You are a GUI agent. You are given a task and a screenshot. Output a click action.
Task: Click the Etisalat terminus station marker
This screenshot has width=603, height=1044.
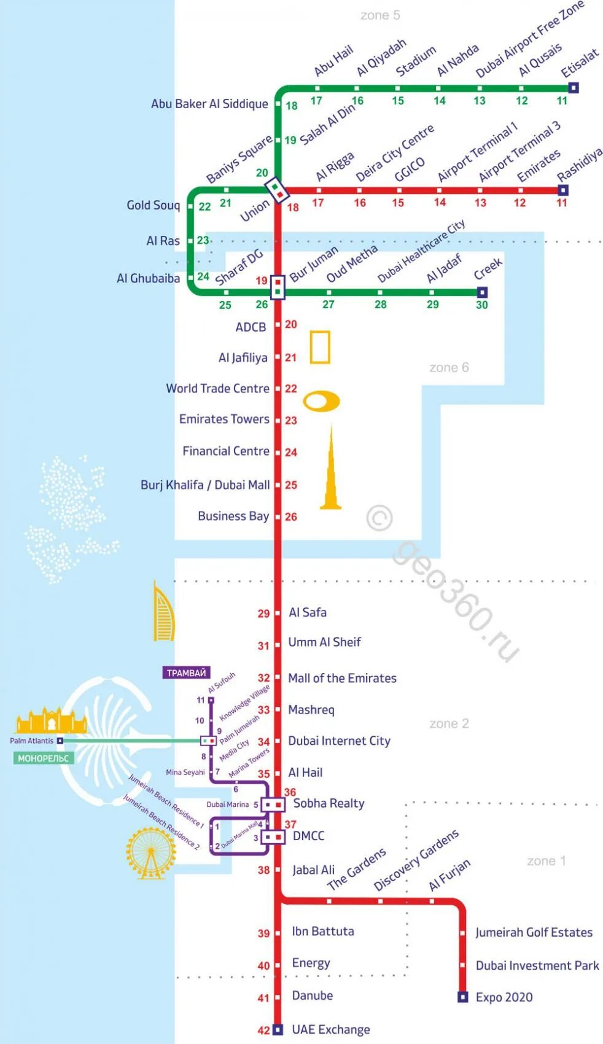click(x=574, y=88)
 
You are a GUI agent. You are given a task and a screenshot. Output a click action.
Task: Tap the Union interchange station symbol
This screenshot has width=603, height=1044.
click(x=277, y=190)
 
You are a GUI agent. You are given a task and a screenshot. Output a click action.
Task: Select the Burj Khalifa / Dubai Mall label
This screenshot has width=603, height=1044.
click(x=205, y=485)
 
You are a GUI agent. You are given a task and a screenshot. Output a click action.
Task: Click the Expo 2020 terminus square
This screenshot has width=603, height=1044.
click(x=463, y=997)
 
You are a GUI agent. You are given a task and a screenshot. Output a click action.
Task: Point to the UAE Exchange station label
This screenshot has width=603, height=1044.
click(x=331, y=1029)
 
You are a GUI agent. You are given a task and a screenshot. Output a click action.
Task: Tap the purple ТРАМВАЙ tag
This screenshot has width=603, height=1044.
click(x=186, y=673)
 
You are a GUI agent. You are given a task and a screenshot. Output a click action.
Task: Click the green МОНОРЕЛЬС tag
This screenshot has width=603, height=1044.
click(x=43, y=758)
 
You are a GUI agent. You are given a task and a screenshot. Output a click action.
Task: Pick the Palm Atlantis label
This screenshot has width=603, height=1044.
click(x=32, y=741)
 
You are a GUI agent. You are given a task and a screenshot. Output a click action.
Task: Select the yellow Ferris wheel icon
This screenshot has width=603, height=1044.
click(x=150, y=852)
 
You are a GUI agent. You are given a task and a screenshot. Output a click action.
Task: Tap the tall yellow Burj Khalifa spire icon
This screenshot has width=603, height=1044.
click(x=331, y=470)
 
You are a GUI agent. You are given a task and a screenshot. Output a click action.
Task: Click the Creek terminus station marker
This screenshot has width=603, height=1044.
click(x=482, y=292)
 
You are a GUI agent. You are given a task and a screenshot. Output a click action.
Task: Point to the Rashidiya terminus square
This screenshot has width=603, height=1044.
click(x=563, y=190)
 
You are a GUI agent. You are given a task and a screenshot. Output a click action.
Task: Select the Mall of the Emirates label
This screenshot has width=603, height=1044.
click(x=342, y=678)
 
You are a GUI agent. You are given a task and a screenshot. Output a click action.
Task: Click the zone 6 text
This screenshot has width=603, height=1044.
click(x=449, y=367)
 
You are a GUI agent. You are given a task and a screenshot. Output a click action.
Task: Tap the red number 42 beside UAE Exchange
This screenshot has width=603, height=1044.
click(x=263, y=1030)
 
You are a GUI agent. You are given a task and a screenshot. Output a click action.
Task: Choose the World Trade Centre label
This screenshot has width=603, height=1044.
click(x=217, y=388)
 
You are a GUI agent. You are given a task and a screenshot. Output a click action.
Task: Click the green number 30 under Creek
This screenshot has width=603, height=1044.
click(x=482, y=305)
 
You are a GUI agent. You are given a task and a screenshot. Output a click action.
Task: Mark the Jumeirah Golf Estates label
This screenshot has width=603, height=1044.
click(x=534, y=932)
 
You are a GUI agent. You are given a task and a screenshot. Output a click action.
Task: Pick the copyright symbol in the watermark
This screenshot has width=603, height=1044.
click(x=379, y=518)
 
